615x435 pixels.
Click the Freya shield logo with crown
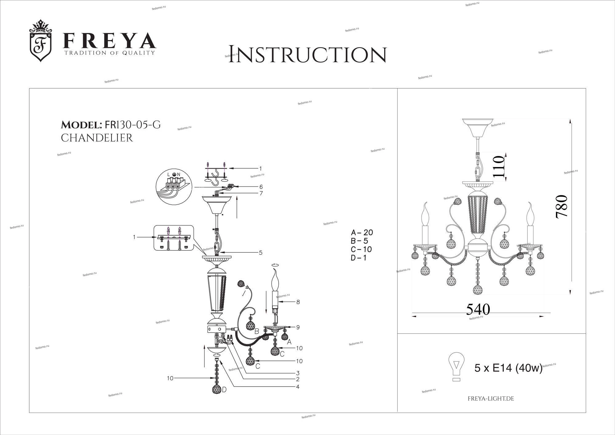click(x=40, y=41)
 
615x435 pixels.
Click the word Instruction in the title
click(x=307, y=55)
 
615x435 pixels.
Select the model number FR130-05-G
click(x=133, y=125)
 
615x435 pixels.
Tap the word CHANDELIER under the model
click(x=97, y=138)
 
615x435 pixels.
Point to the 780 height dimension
click(x=561, y=206)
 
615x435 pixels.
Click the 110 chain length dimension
click(x=498, y=166)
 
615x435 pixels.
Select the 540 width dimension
click(x=478, y=309)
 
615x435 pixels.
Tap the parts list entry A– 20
click(x=362, y=233)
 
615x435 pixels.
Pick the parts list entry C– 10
click(x=361, y=249)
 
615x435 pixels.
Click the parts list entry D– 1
click(x=359, y=258)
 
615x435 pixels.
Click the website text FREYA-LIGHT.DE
click(x=491, y=399)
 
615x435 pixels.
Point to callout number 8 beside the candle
click(x=298, y=302)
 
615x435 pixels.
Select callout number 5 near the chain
click(x=261, y=253)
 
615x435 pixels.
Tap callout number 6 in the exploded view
click(x=261, y=187)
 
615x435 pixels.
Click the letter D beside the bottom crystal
click(x=224, y=390)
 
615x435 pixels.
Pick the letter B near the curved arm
click(x=257, y=331)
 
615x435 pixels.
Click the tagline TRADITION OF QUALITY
click(x=109, y=53)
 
